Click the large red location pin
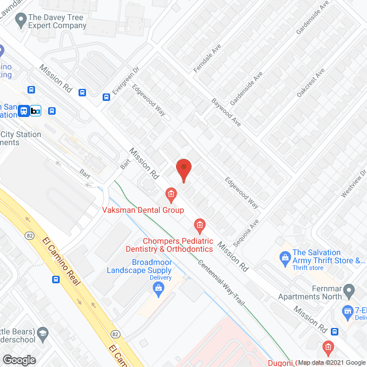[183, 170]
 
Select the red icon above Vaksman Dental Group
[171, 195]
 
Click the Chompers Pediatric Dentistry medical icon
[200, 224]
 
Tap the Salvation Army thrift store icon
[284, 256]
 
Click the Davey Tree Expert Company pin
[21, 21]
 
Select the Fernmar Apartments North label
[307, 292]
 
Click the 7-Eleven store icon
[347, 311]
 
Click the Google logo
[19, 360]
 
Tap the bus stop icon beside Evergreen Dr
[106, 97]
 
